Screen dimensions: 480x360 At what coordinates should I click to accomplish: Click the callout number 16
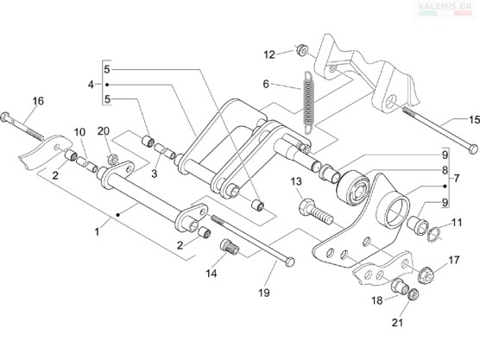pyautogui.click(x=38, y=101)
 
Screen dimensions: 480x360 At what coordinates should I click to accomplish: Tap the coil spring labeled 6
pyautogui.click(x=308, y=102)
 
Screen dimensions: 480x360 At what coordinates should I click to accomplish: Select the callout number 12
pyautogui.click(x=269, y=55)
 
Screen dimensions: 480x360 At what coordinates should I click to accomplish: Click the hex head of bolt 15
pyautogui.click(x=473, y=149)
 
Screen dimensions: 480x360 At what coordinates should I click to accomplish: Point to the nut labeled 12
pyautogui.click(x=302, y=50)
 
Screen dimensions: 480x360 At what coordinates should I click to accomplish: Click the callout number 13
pyautogui.click(x=296, y=182)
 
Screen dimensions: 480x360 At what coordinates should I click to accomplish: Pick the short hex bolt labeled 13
pyautogui.click(x=315, y=212)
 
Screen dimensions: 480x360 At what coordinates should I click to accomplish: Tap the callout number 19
pyautogui.click(x=264, y=293)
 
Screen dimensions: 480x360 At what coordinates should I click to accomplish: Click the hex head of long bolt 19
pyautogui.click(x=289, y=262)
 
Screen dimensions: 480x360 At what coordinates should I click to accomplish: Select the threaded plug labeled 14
pyautogui.click(x=230, y=247)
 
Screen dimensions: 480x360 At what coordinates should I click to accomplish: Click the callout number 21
pyautogui.click(x=397, y=322)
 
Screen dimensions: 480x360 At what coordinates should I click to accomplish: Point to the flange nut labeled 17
pyautogui.click(x=426, y=274)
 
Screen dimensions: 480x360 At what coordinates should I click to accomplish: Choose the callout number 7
pyautogui.click(x=457, y=178)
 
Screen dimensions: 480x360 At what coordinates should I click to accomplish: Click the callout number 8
pyautogui.click(x=445, y=170)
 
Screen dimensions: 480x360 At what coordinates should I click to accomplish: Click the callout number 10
pyautogui.click(x=79, y=132)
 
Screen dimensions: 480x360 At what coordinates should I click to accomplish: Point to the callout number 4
pyautogui.click(x=91, y=85)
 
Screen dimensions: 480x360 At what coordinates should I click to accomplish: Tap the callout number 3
pyautogui.click(x=155, y=174)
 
